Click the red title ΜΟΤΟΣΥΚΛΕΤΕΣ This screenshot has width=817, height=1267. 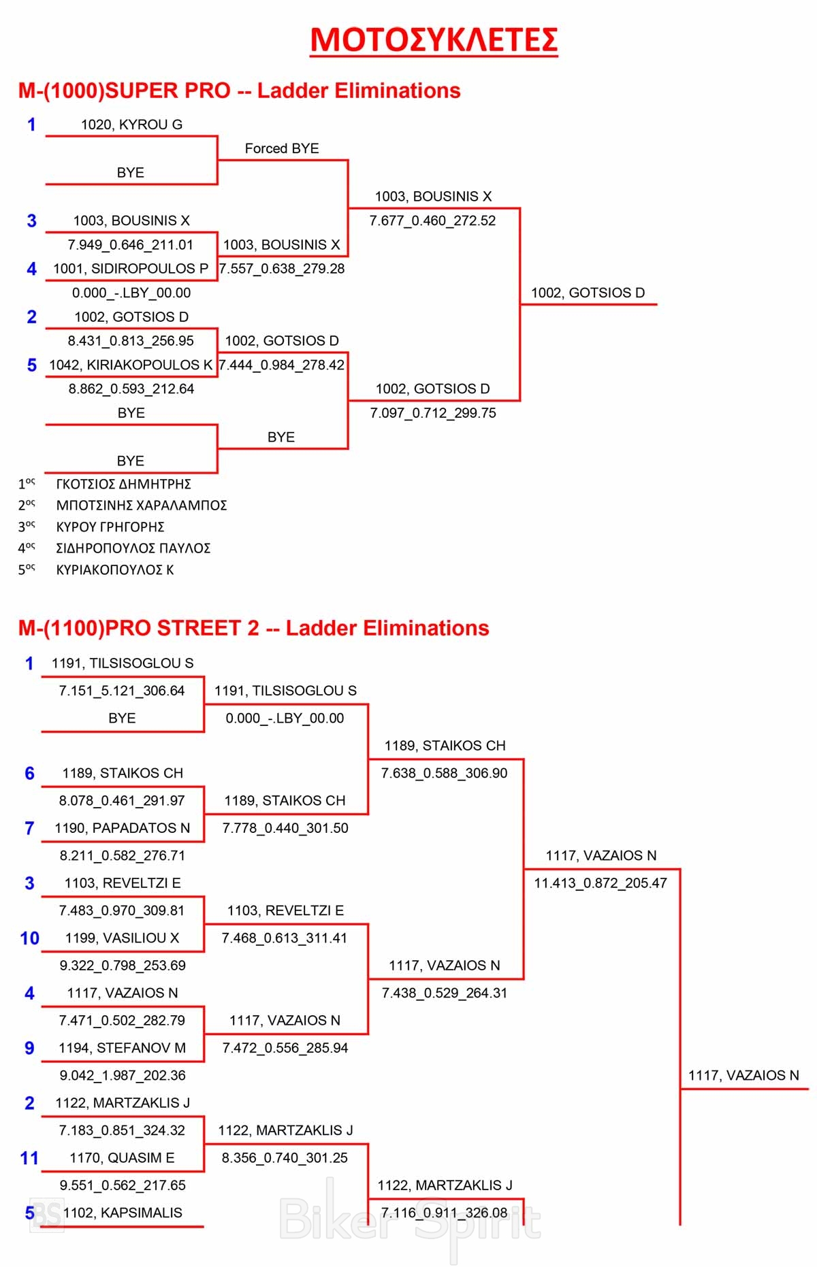point(434,39)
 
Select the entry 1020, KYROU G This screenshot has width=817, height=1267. point(131,125)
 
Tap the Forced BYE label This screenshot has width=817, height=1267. point(282,148)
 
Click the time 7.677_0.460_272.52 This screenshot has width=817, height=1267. point(432,220)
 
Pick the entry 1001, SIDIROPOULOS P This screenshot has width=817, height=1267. point(131,269)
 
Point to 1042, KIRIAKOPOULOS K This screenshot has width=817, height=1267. point(131,365)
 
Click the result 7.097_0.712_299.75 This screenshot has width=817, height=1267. point(433,413)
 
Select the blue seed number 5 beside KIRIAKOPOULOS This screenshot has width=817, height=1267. point(31,365)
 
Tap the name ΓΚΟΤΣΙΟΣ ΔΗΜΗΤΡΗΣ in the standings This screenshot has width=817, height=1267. point(123,484)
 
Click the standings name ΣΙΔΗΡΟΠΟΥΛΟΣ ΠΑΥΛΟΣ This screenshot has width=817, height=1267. point(133,548)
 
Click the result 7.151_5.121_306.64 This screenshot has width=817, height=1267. point(122,691)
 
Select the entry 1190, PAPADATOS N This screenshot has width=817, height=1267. point(123,828)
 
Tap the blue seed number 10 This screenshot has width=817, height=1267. point(29,938)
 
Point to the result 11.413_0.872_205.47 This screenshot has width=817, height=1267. point(600,883)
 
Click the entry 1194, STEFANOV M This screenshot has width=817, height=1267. point(123,1048)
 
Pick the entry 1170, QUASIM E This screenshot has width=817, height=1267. point(122,1157)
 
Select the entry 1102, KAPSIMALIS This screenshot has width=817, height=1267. point(123,1213)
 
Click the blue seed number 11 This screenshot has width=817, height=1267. point(29,1158)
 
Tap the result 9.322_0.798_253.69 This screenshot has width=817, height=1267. point(123,966)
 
